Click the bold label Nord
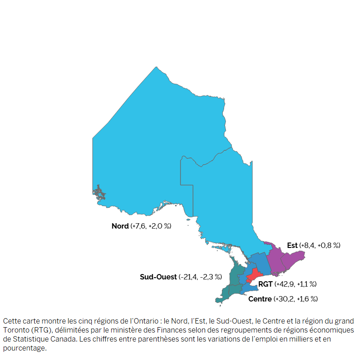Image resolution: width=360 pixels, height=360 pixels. pos(120,226)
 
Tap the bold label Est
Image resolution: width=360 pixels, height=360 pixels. pos(292,245)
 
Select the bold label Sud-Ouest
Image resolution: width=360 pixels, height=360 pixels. pos(158,277)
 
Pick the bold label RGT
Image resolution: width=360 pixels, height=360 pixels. pos(265,284)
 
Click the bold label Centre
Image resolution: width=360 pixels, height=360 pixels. pos(260,299)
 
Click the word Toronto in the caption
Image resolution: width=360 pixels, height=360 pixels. pos(15,330)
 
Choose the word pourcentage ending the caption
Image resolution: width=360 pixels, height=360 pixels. pos(24,348)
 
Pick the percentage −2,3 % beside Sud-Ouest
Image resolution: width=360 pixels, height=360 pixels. pos(212,277)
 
